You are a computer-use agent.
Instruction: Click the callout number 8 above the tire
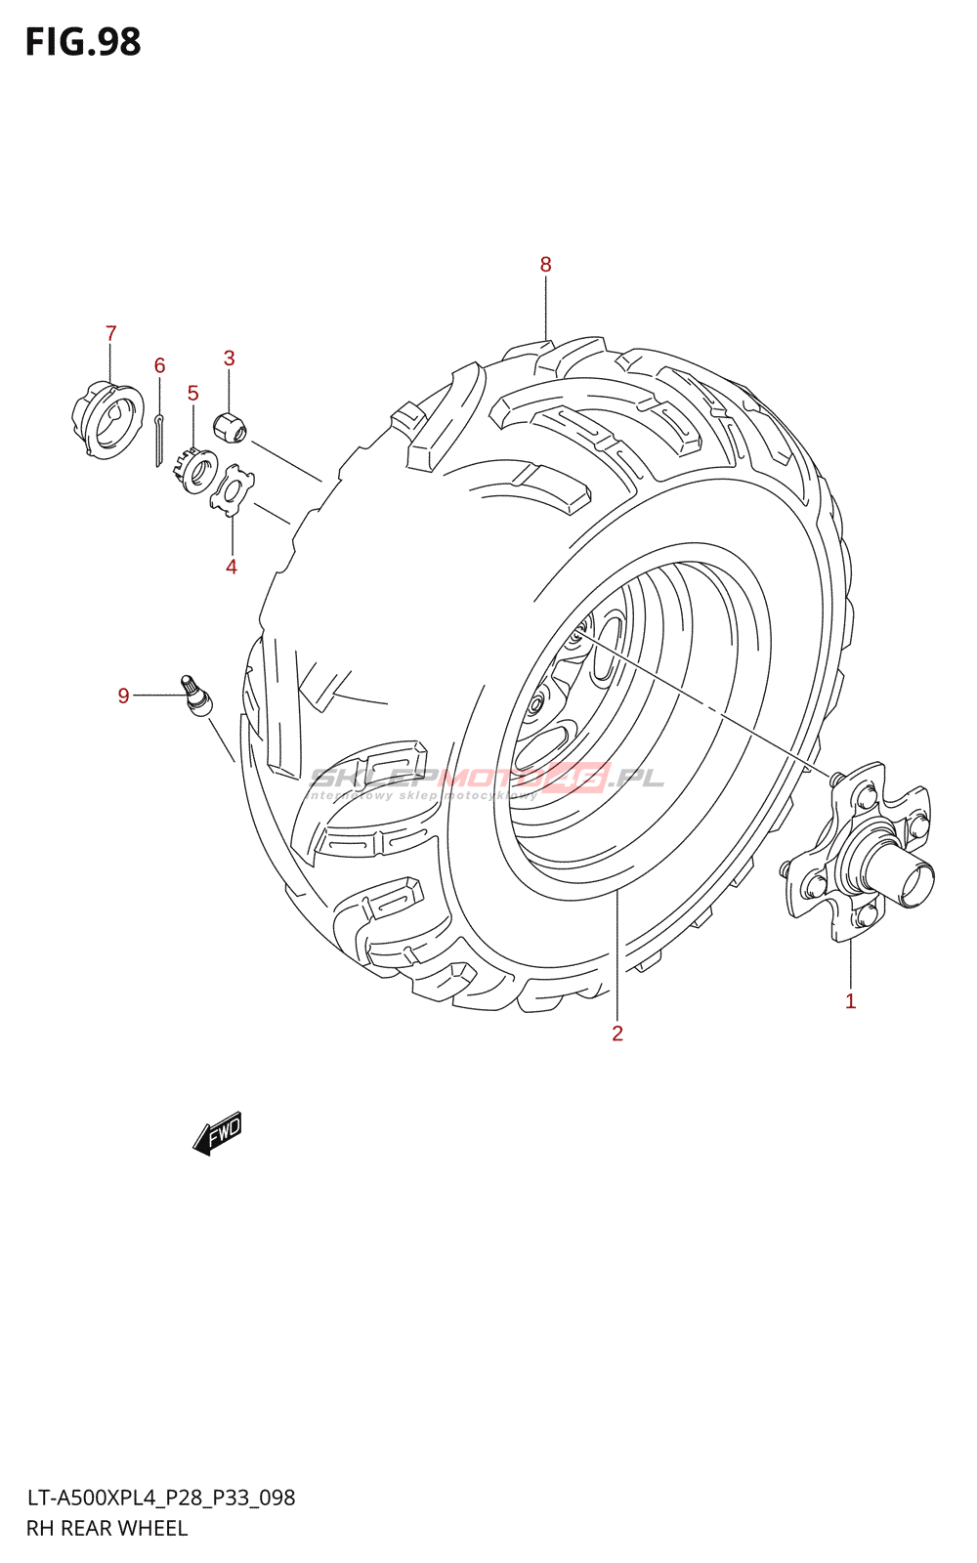[545, 265]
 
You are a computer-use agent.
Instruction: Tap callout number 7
[110, 334]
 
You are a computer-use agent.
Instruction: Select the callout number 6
[159, 366]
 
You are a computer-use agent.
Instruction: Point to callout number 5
[192, 394]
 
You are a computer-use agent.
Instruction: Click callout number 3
[229, 359]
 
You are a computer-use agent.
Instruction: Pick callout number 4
[232, 568]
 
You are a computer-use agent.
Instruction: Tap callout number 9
[123, 697]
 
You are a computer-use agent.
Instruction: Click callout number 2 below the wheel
[617, 1034]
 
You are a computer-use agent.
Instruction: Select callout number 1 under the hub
[850, 1001]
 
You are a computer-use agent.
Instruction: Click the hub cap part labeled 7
[107, 419]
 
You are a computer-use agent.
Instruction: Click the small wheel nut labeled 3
[230, 427]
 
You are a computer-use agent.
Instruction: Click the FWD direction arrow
[217, 1134]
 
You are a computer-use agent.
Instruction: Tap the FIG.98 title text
[83, 43]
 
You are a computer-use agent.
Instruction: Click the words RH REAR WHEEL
[106, 1529]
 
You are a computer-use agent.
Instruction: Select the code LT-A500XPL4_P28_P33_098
[160, 1498]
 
